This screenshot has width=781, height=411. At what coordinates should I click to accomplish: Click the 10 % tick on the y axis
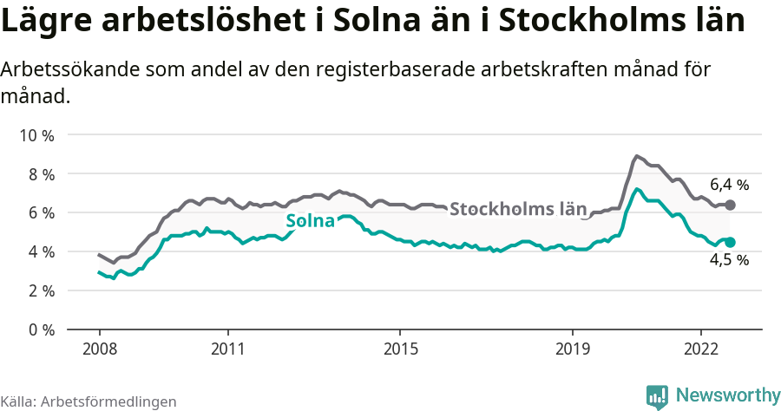(x=36, y=135)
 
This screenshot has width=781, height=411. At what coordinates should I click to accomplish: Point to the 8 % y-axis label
(x=40, y=174)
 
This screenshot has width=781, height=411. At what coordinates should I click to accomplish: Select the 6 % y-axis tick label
(x=40, y=213)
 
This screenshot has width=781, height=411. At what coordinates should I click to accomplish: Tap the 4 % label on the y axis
(x=40, y=252)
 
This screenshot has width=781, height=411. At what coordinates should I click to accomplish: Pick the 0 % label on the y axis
(x=40, y=329)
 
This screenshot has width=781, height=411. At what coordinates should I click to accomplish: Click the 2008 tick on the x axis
(x=99, y=349)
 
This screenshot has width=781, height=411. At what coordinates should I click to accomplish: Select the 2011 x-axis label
(x=227, y=349)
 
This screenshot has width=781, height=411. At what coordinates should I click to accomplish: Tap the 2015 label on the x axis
(x=399, y=349)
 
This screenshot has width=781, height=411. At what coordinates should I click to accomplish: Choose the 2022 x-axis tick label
(x=700, y=349)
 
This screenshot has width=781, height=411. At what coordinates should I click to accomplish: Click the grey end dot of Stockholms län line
(x=730, y=205)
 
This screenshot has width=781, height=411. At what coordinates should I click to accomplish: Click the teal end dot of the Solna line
(x=730, y=243)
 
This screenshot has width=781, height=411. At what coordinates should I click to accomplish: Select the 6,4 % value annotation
(x=729, y=185)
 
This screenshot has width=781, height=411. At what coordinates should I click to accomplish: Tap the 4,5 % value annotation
(x=729, y=260)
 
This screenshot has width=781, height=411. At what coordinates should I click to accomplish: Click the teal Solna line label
(x=310, y=221)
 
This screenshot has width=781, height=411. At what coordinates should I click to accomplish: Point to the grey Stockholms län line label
(x=518, y=209)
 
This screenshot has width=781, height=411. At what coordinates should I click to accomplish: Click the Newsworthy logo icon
(x=657, y=395)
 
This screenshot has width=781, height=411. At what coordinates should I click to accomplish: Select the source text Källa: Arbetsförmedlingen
(x=89, y=401)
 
